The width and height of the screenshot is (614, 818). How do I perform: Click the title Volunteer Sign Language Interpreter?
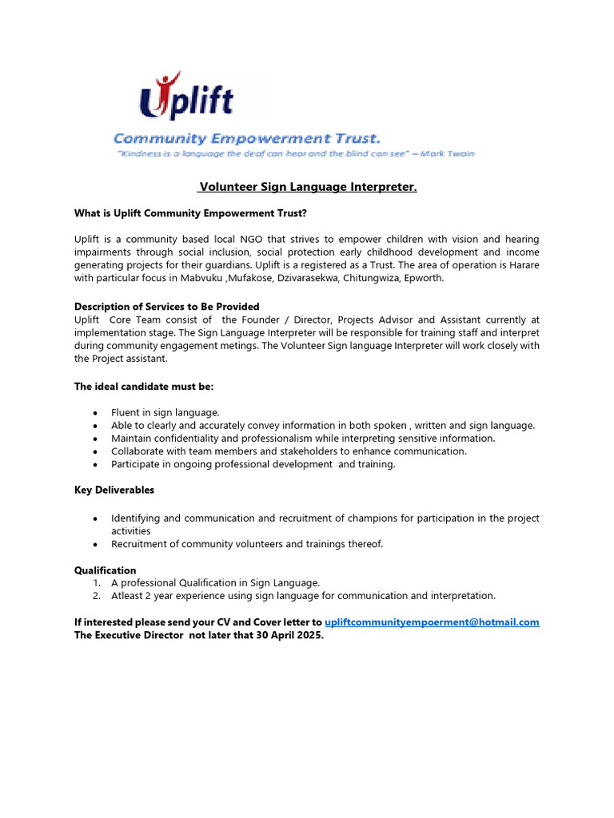click(308, 187)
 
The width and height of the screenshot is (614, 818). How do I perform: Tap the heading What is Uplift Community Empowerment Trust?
click(190, 213)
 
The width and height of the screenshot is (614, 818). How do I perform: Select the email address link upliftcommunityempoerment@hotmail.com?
click(432, 621)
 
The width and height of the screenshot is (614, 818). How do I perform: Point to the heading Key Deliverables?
click(114, 490)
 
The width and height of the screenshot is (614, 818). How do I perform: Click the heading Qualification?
click(106, 570)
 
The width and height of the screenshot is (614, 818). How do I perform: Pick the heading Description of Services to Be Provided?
click(166, 307)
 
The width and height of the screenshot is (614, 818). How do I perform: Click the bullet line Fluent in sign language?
click(165, 413)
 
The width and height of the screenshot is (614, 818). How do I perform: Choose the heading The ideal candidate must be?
click(144, 387)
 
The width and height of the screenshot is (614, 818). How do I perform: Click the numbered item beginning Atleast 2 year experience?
click(303, 596)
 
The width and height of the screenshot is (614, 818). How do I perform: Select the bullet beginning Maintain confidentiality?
click(303, 439)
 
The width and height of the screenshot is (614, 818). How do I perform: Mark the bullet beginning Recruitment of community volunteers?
click(247, 544)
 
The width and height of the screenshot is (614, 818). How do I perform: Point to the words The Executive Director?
click(129, 635)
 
